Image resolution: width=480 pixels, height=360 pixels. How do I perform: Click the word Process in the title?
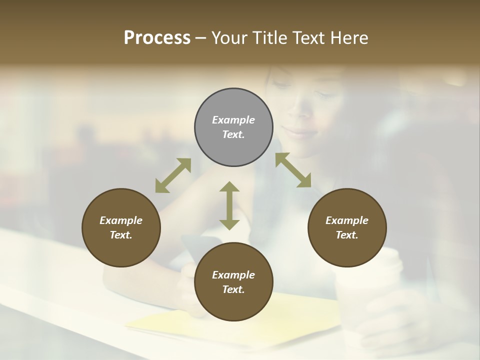(x=157, y=38)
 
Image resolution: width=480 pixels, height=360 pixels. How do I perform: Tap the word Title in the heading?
(x=270, y=38)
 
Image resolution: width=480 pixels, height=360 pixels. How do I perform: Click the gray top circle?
(x=233, y=127)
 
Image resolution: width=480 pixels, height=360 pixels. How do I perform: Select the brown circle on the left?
(x=121, y=227)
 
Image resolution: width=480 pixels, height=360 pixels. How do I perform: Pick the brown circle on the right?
(x=346, y=227)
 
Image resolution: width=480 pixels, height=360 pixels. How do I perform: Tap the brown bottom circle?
(x=233, y=282)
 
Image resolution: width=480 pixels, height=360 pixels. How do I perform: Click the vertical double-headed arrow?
(x=229, y=205)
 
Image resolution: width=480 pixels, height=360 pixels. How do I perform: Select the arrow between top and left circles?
(x=173, y=175)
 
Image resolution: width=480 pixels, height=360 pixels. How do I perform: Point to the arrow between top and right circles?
(x=293, y=170)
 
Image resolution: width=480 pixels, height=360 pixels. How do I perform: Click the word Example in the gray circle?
(x=233, y=120)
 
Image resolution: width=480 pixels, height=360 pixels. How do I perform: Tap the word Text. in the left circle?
(x=121, y=235)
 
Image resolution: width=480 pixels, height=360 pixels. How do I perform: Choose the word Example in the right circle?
(x=346, y=220)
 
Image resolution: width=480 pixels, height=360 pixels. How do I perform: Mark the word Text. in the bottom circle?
(x=233, y=289)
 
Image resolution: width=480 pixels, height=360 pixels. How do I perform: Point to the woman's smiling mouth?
(x=296, y=132)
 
